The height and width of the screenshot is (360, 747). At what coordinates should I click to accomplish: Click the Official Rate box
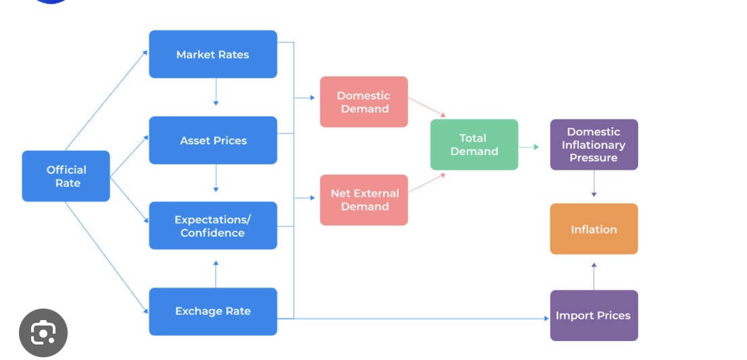point(66,176)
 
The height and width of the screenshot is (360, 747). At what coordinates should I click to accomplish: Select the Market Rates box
point(212,54)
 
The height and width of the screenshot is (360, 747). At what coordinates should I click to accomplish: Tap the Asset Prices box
point(212,140)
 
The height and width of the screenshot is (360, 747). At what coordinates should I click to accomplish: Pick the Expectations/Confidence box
point(212,225)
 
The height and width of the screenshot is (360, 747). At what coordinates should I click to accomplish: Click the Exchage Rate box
point(212,311)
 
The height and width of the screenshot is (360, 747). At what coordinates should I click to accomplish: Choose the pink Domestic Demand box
point(363,102)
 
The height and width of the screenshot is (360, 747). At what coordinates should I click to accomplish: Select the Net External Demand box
point(363,200)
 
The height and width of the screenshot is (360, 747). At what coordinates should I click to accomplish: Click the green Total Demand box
point(474,145)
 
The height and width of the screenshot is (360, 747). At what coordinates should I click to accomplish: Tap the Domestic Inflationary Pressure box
point(593,145)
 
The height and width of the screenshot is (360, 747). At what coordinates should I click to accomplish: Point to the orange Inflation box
point(593,229)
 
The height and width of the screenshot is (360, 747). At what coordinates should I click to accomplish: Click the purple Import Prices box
point(593,315)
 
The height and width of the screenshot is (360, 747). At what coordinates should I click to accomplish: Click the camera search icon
point(43,333)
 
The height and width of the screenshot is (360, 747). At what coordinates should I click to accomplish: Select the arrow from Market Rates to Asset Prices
point(216,92)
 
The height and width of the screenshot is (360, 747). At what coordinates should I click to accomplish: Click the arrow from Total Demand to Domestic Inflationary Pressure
point(529,146)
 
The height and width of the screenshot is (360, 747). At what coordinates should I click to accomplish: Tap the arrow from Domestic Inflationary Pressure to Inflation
point(594,183)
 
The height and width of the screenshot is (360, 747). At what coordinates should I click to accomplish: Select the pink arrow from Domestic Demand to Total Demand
point(427,108)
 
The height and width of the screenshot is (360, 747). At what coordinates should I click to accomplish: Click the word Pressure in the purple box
point(593,158)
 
